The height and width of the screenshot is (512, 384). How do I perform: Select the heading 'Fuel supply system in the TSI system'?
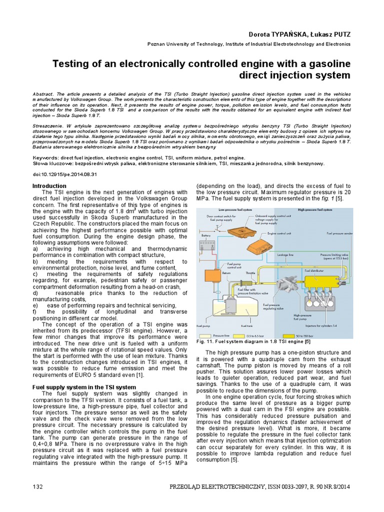pyautogui.click(x=83, y=387)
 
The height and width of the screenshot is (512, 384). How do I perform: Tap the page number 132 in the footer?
pyautogui.click(x=37, y=487)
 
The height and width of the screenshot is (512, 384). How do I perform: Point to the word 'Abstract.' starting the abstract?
pyautogui.click(x=45, y=93)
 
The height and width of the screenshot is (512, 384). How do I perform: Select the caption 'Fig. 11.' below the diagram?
pyautogui.click(x=207, y=341)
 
